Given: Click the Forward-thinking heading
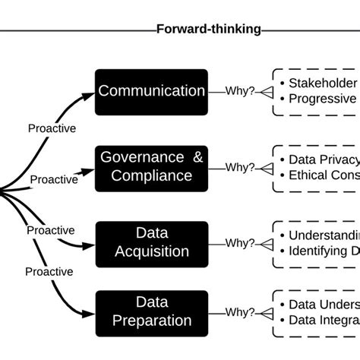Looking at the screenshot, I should pyautogui.click(x=208, y=30).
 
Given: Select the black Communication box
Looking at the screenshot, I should pyautogui.click(x=151, y=92).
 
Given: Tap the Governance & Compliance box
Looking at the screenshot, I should pyautogui.click(x=151, y=166).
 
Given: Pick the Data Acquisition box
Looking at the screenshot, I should pyautogui.click(x=151, y=243).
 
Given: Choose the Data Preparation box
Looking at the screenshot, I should pyautogui.click(x=151, y=311).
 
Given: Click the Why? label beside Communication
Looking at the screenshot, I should pyautogui.click(x=240, y=91).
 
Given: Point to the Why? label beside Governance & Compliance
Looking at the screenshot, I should pyautogui.click(x=240, y=167).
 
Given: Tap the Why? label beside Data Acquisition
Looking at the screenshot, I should pyautogui.click(x=240, y=243).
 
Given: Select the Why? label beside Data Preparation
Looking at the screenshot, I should pyautogui.click(x=240, y=311).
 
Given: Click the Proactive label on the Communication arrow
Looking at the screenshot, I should pyautogui.click(x=52, y=128).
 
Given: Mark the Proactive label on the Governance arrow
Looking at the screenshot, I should pyautogui.click(x=53, y=180).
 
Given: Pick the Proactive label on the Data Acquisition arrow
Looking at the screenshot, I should pyautogui.click(x=50, y=230).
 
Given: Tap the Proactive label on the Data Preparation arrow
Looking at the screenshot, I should pyautogui.click(x=49, y=271).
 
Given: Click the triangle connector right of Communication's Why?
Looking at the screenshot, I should pyautogui.click(x=266, y=92).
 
